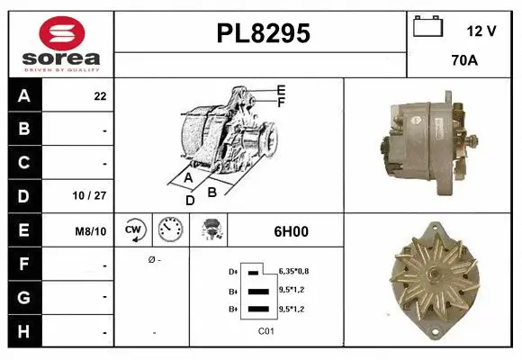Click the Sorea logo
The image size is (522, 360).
tap(61, 42)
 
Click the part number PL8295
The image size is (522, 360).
tap(264, 33)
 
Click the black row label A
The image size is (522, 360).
tap(24, 95)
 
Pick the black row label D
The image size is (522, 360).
tap(24, 194)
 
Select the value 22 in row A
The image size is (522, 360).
tap(99, 96)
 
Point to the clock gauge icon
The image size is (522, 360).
tap(170, 229)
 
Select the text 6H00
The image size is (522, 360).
tap(291, 231)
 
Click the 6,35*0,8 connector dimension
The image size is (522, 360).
tap(295, 270)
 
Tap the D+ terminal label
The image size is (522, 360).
tap(233, 271)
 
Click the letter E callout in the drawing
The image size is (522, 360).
tap(281, 89)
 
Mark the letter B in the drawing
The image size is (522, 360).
tap(211, 191)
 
